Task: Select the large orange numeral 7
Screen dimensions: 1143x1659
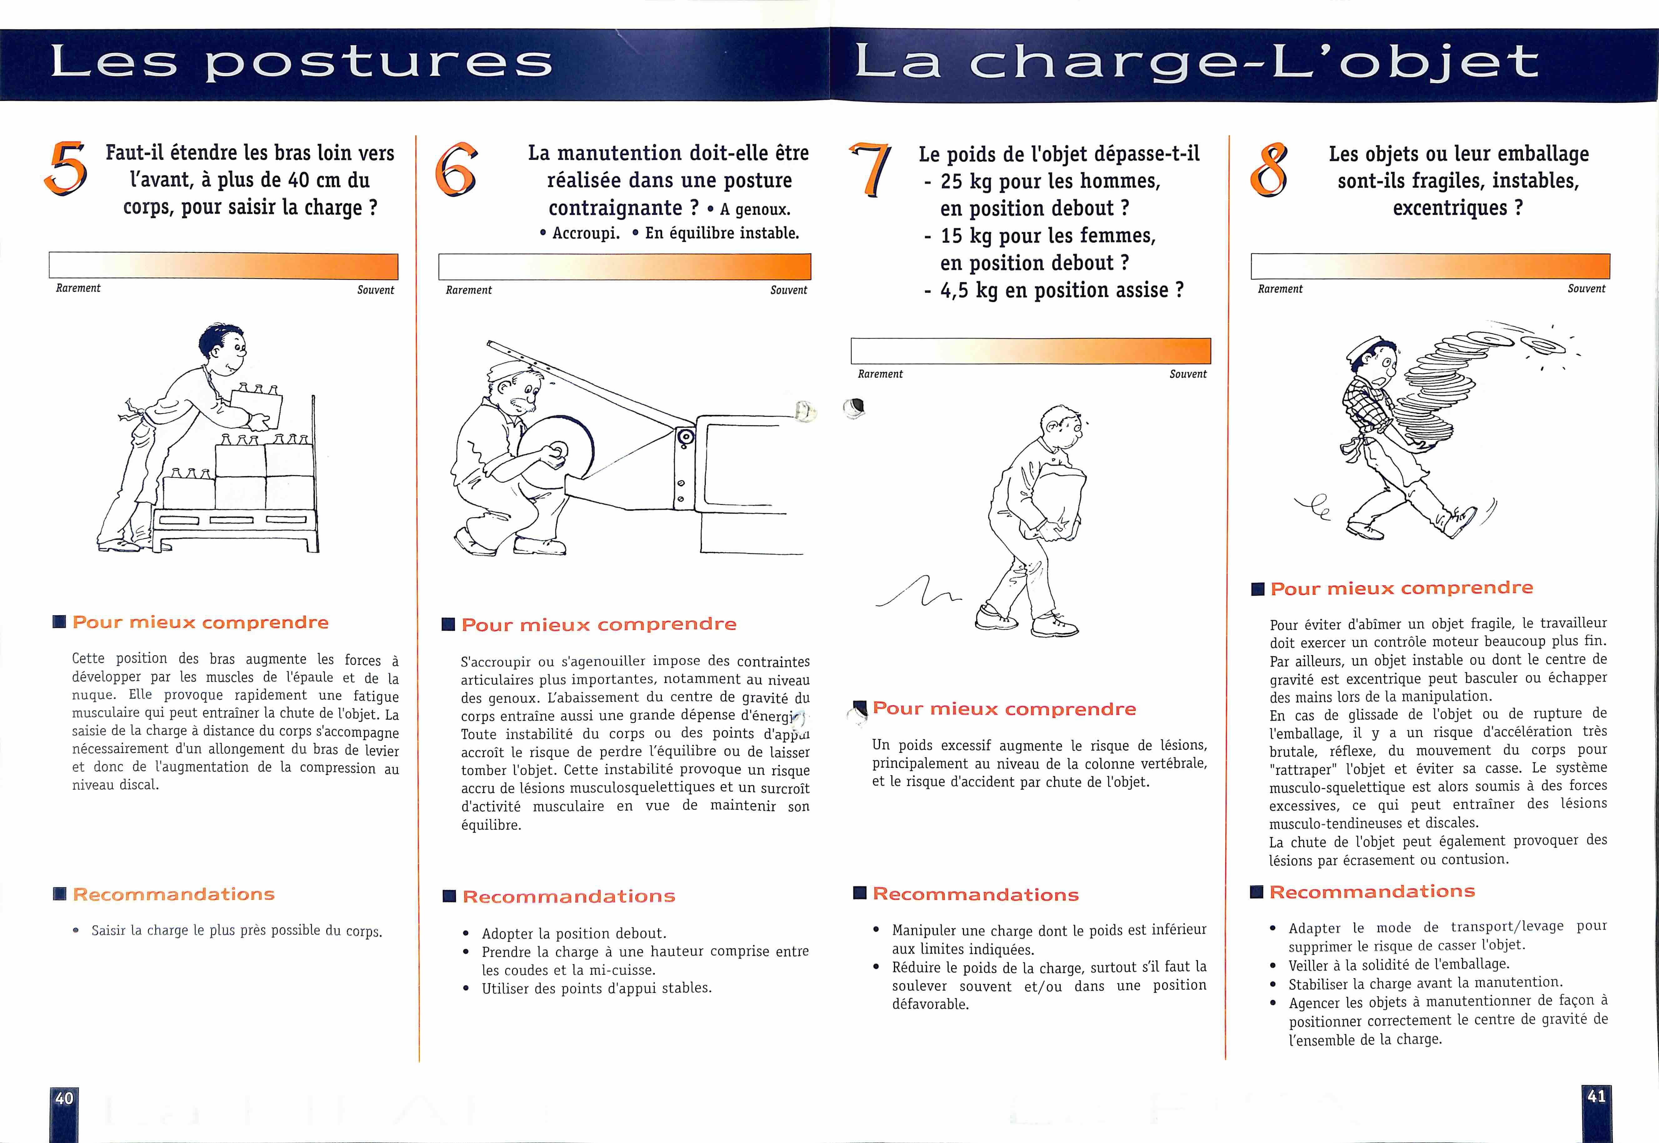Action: click(x=871, y=169)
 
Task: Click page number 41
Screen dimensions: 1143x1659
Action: click(x=1596, y=1096)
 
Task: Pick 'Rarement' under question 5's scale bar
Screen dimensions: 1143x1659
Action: click(x=78, y=288)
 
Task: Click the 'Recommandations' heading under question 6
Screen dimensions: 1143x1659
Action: click(x=569, y=896)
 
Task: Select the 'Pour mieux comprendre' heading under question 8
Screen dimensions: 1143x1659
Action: click(x=1401, y=588)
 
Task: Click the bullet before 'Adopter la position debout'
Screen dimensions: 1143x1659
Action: click(x=466, y=934)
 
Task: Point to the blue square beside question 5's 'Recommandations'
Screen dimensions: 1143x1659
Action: click(x=59, y=894)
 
